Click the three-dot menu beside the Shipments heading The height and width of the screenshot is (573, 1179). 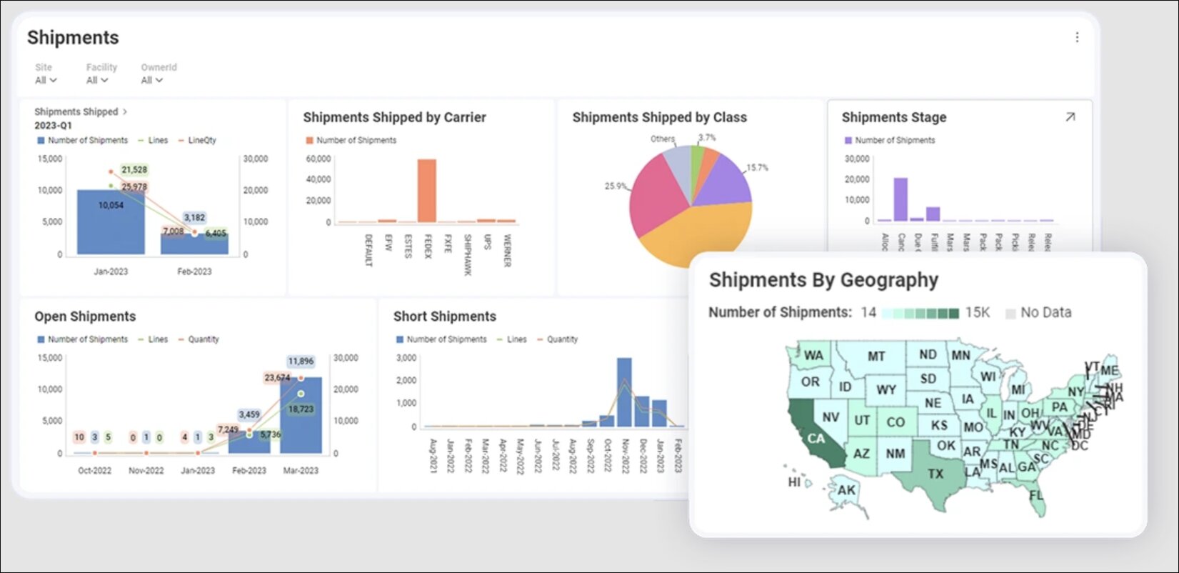point(1077,37)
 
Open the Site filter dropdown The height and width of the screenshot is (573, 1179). point(46,80)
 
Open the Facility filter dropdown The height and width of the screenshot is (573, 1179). point(97,80)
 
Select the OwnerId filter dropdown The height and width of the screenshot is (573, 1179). point(151,80)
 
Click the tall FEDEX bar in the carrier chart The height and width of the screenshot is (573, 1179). point(426,191)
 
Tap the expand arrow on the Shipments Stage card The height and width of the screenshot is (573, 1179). point(1070,117)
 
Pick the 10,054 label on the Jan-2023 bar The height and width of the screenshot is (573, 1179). point(111,205)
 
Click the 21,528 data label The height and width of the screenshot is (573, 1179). point(134,170)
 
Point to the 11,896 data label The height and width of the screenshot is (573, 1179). point(301,362)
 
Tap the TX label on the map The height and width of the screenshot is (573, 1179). point(935,474)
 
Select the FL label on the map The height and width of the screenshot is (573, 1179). point(1036,495)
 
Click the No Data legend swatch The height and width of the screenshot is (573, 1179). point(1010,313)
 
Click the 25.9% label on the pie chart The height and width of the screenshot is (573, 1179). point(615,186)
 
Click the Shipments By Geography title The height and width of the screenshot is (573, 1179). point(823,280)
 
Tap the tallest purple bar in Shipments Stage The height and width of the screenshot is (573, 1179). point(900,199)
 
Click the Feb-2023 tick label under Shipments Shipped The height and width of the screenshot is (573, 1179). point(194,271)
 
